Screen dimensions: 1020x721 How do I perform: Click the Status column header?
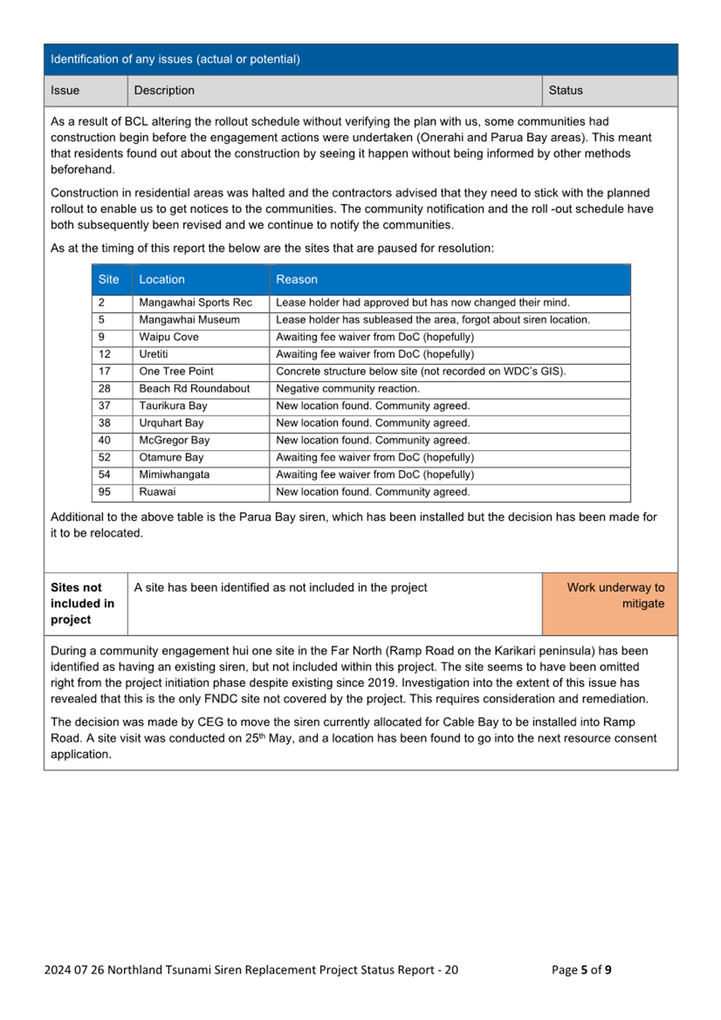tap(565, 90)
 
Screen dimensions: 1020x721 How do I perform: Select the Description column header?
tap(164, 90)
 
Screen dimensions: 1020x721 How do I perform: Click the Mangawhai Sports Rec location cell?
tap(195, 302)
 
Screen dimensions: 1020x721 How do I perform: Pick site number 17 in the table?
tap(104, 371)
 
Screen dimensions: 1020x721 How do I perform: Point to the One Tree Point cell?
tap(176, 371)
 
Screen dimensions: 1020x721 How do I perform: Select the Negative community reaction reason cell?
tap(347, 388)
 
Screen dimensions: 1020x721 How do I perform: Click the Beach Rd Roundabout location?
tap(194, 388)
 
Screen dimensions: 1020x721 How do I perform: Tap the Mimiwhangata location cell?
tap(174, 475)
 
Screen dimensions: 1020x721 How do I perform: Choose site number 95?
tap(104, 492)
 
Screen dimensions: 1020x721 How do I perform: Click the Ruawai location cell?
tap(157, 492)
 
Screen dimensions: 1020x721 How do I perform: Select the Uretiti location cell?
tap(154, 354)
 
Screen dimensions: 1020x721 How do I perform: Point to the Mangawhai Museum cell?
tap(189, 320)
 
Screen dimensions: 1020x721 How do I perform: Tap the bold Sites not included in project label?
tap(82, 604)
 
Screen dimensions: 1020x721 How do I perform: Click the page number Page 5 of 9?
tap(581, 969)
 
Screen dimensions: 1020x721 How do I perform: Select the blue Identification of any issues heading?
tap(175, 59)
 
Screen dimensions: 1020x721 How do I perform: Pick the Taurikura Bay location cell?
tap(173, 405)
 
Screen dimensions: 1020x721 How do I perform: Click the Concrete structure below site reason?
tap(421, 371)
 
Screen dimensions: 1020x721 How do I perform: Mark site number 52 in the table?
tap(104, 457)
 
